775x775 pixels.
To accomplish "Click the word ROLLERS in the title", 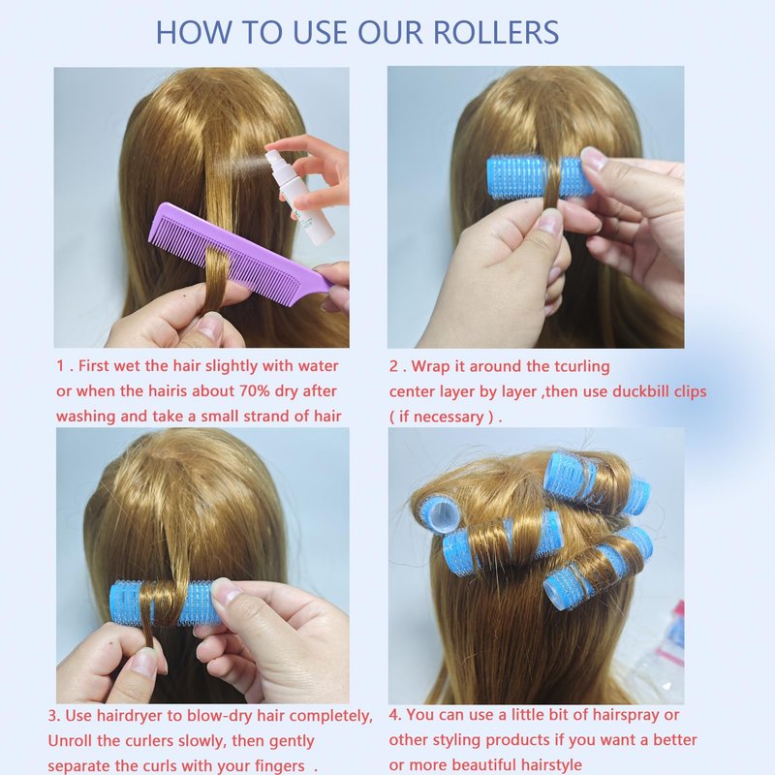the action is click(x=496, y=33).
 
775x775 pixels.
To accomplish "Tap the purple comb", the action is click(x=242, y=252).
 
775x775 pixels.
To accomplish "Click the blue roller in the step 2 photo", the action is click(x=539, y=177).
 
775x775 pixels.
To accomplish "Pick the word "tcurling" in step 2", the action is click(x=582, y=367).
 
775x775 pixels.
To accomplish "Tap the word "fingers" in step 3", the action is click(x=279, y=766).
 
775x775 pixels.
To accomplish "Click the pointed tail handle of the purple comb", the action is click(x=330, y=286).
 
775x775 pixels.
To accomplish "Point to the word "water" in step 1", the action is click(x=318, y=366).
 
